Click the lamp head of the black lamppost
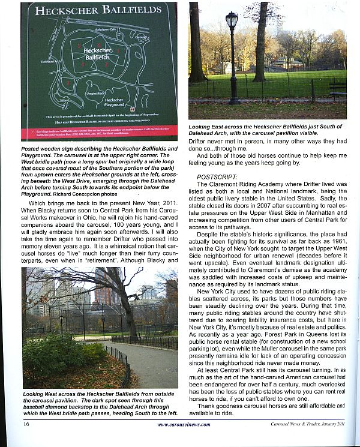point(232,21)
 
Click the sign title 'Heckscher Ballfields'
point(98,10)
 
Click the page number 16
point(27,424)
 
